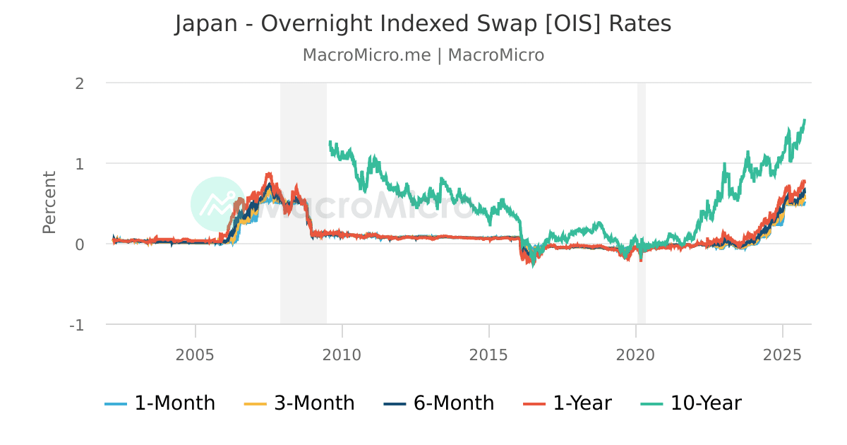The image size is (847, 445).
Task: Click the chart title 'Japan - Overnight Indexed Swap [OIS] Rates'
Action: pos(423,24)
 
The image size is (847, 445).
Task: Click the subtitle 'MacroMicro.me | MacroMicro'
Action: pos(423,55)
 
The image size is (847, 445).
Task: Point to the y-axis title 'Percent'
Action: pos(49,202)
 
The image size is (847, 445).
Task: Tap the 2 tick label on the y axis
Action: pos(79,83)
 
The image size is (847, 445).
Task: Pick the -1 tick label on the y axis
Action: pos(76,325)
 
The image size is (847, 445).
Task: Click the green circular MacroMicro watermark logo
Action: pos(218,203)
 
